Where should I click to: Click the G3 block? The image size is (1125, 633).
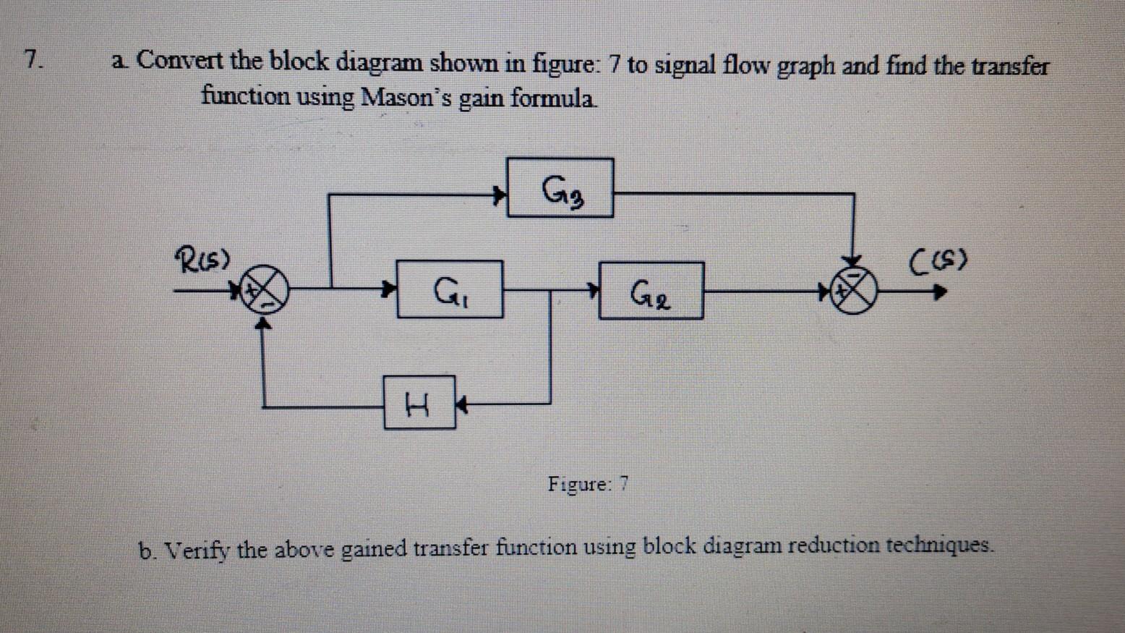[x=560, y=188]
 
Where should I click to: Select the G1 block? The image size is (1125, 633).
[x=450, y=290]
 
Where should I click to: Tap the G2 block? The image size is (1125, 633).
[x=651, y=291]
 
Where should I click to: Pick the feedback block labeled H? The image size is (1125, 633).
[x=419, y=402]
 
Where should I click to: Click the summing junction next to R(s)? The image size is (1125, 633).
[x=263, y=292]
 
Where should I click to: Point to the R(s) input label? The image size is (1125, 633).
[x=202, y=258]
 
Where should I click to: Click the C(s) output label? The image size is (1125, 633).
[x=938, y=259]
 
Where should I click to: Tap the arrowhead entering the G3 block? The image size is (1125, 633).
[x=499, y=195]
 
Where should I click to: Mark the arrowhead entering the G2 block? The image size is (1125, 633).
[x=593, y=290]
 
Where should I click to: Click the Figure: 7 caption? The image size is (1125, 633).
[x=588, y=483]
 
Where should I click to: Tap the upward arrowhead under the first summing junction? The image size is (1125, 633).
[x=265, y=325]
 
